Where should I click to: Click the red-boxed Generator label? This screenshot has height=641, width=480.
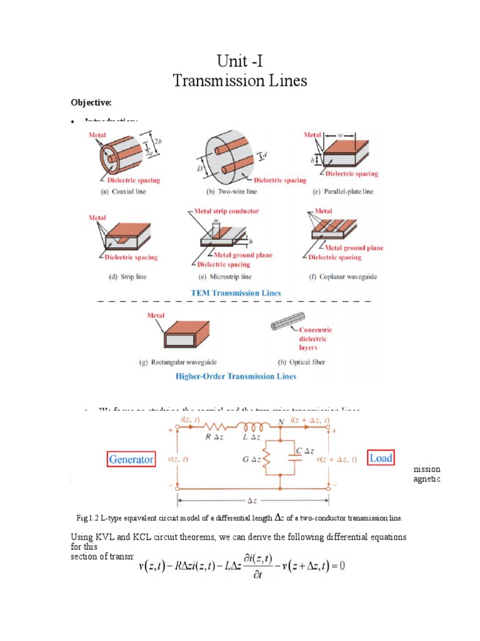(x=131, y=459)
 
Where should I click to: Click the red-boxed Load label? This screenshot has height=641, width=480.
(x=381, y=458)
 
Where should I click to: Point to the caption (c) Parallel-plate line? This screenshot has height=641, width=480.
(x=343, y=192)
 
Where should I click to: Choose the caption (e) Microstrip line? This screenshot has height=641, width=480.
(x=225, y=277)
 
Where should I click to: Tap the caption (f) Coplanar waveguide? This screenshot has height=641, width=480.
(x=344, y=277)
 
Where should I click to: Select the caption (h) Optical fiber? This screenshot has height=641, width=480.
(x=301, y=362)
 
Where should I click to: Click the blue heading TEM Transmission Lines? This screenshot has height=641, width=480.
(x=236, y=292)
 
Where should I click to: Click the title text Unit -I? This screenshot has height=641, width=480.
(x=240, y=62)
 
